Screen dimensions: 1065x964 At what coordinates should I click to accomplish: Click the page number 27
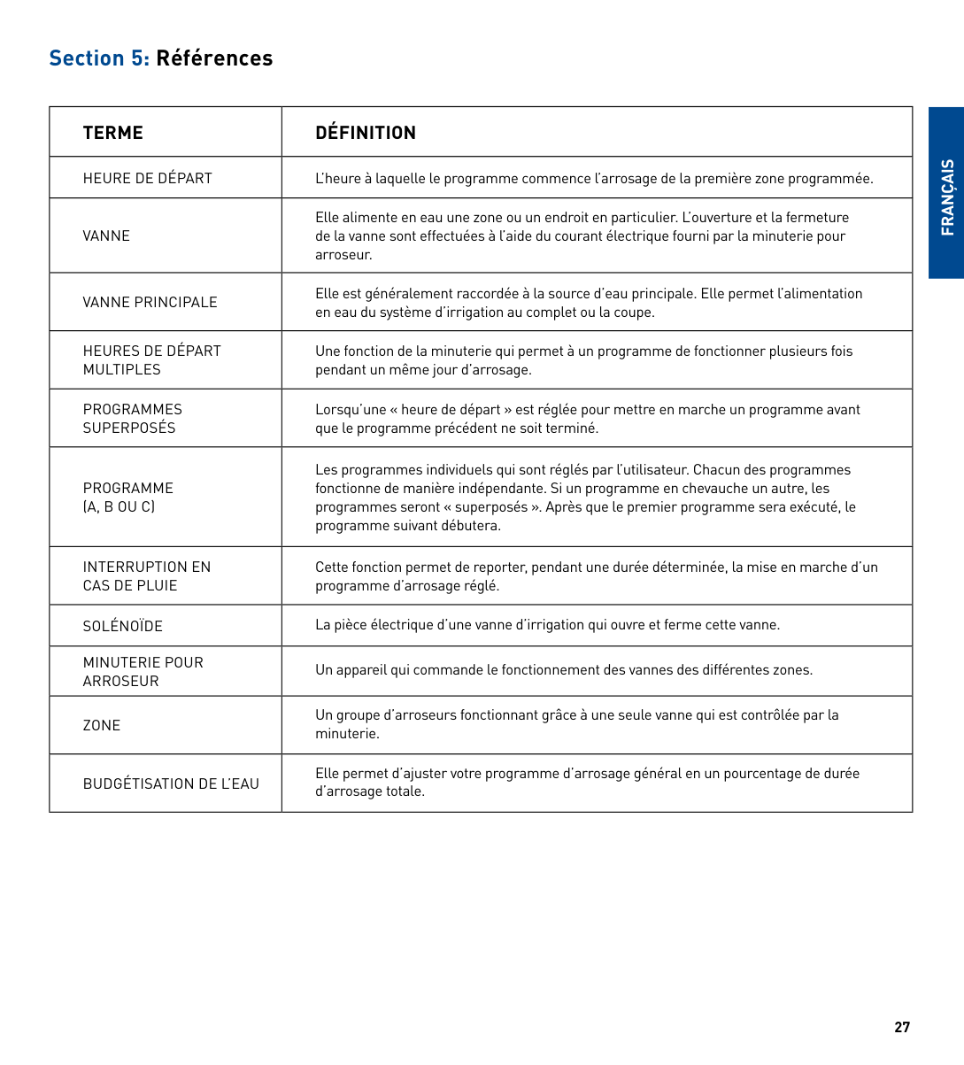click(x=902, y=1027)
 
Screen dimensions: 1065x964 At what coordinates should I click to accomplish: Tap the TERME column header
click(x=112, y=133)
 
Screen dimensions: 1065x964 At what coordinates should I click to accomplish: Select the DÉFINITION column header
click(x=366, y=133)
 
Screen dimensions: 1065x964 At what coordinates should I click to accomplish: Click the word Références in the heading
click(x=214, y=58)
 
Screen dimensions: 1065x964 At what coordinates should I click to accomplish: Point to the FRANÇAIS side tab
click(x=947, y=197)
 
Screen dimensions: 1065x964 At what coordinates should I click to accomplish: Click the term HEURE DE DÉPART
click(x=148, y=178)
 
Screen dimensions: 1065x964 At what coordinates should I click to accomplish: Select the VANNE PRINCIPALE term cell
click(x=150, y=302)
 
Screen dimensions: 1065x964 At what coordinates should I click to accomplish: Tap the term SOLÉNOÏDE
click(x=123, y=626)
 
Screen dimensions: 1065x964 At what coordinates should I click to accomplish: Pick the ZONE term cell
click(x=102, y=725)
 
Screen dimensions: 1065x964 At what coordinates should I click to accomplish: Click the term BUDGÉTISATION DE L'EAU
click(x=171, y=783)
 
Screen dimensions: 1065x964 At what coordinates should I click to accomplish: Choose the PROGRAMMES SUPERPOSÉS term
click(x=132, y=419)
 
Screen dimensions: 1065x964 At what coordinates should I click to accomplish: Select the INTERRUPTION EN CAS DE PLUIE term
click(x=146, y=576)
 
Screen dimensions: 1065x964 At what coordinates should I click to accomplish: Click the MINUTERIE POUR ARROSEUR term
click(x=143, y=672)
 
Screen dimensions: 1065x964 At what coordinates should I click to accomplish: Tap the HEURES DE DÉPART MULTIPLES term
click(x=151, y=360)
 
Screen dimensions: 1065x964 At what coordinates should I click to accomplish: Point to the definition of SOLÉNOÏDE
click(x=547, y=625)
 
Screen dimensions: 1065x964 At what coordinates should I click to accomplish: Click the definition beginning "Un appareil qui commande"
click(x=563, y=670)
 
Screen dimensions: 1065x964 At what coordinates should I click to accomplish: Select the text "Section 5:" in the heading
click(x=99, y=58)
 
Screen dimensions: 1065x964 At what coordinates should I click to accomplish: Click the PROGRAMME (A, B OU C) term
click(x=127, y=498)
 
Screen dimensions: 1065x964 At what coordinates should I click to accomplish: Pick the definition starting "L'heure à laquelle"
click(x=593, y=179)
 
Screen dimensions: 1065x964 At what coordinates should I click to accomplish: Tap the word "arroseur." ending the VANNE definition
click(x=343, y=255)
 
